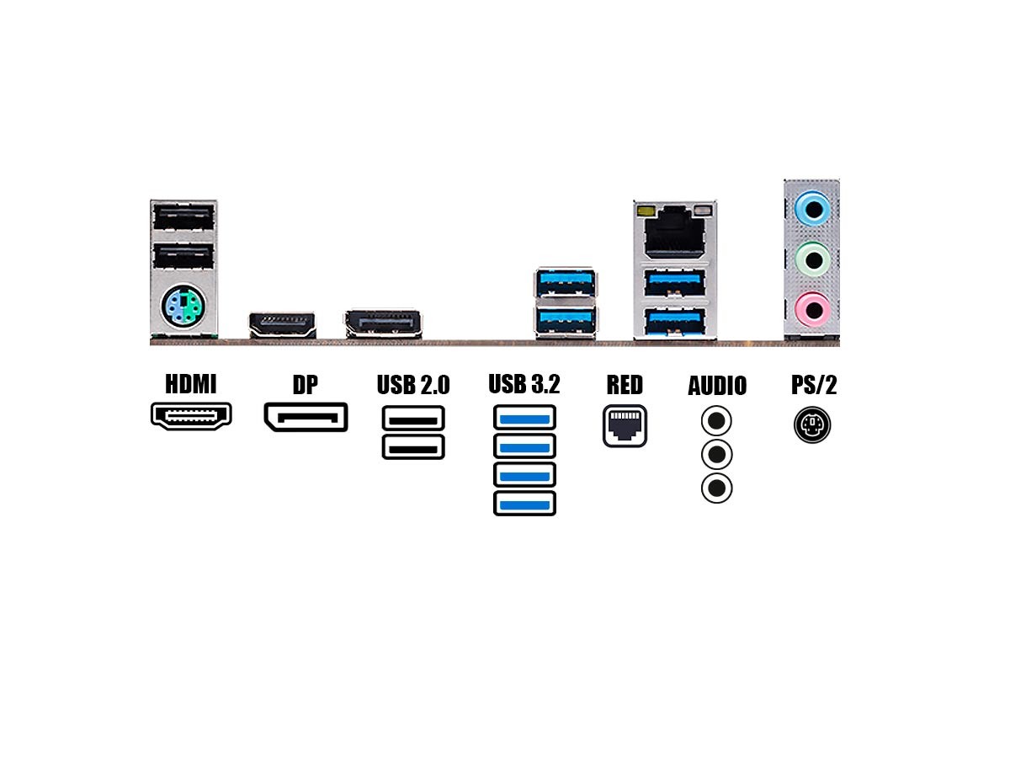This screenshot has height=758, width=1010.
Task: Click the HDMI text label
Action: [x=191, y=384]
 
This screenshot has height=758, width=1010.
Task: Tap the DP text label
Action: [x=306, y=385]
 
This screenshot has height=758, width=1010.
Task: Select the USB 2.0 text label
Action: [x=412, y=385]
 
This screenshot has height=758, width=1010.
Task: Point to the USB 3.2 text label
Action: [x=524, y=384]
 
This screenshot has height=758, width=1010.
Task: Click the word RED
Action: [x=625, y=385]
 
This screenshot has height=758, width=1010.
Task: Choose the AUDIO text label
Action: [x=717, y=386]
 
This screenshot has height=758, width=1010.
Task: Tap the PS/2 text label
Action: [x=814, y=385]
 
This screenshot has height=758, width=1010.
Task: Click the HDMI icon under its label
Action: [x=191, y=415]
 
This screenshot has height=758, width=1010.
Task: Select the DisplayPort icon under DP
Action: [x=306, y=417]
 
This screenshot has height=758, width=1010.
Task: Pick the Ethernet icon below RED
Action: [x=625, y=426]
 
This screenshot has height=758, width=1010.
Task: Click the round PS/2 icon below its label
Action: [x=812, y=425]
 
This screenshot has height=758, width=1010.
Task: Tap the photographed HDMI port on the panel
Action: [x=282, y=324]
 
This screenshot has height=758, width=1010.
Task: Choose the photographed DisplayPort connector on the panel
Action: [x=383, y=323]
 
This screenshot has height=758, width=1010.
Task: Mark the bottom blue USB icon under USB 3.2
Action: [x=524, y=504]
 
